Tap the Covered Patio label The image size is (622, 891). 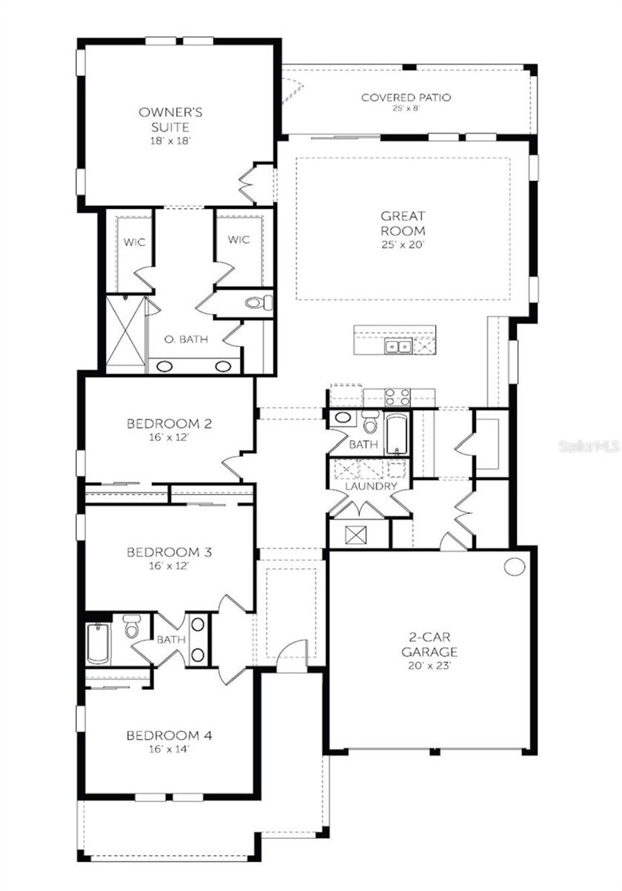pos(406,97)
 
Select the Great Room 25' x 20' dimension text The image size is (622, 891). pos(403,245)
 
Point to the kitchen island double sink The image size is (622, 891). pos(397,346)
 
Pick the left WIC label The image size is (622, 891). pos(134,243)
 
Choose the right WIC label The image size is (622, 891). pos(239,239)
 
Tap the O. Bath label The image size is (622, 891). pos(186,339)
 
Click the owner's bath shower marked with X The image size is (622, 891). pos(126,335)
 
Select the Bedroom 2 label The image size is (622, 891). pos(169,424)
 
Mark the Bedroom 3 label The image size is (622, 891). pos(169,552)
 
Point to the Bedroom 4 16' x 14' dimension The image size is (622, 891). pos(169,749)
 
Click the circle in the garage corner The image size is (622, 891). pos(514,566)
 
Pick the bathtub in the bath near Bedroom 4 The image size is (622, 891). pos(98,644)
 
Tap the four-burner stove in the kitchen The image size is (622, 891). pos(398,396)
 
